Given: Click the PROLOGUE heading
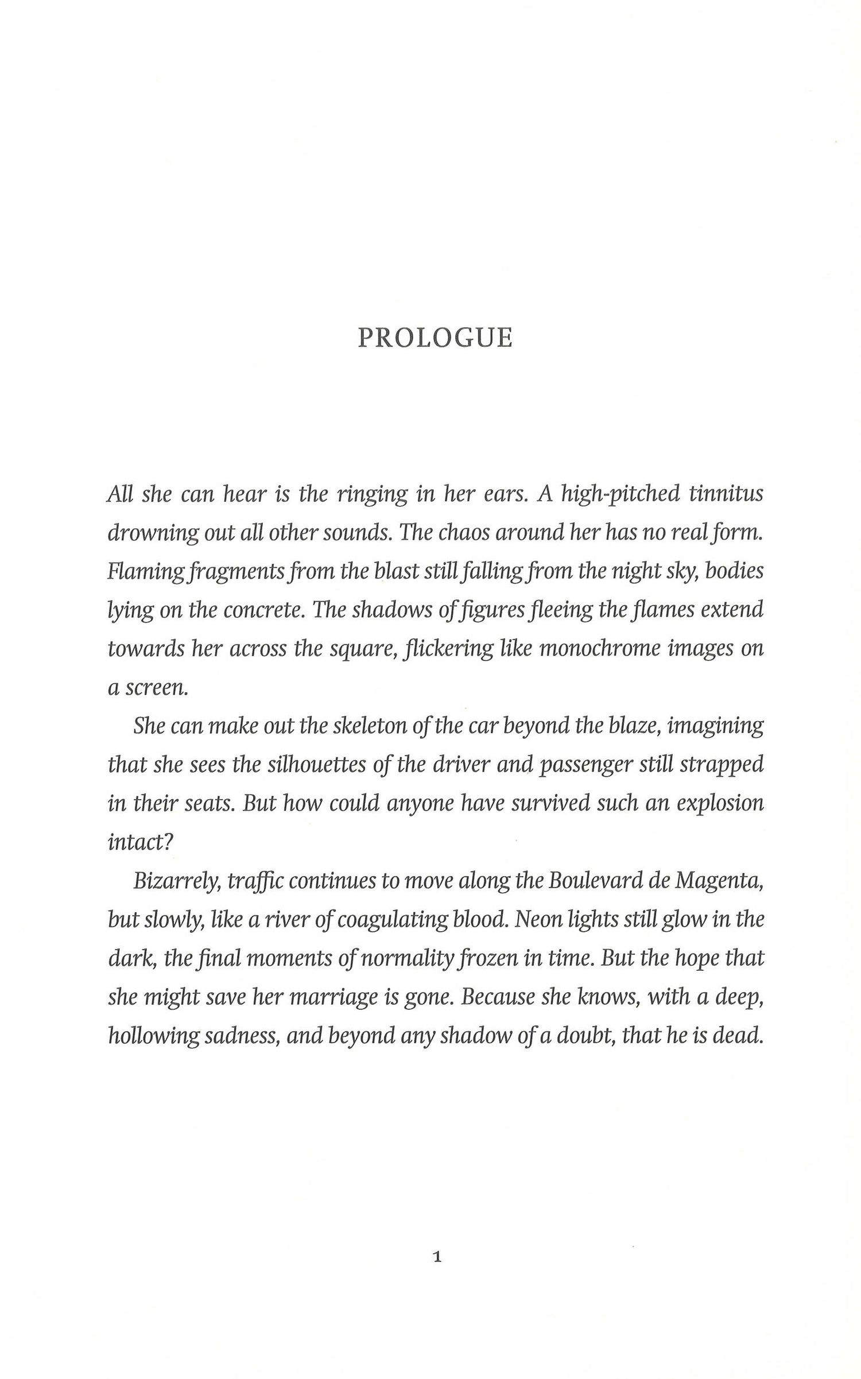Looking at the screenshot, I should pyautogui.click(x=435, y=338).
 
